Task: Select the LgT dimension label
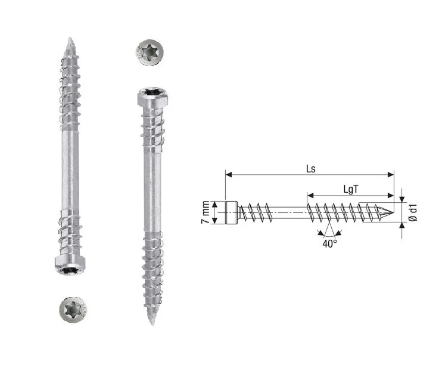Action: (x=350, y=188)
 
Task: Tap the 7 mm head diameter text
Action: (x=206, y=212)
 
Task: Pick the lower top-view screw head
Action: (x=73, y=309)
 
